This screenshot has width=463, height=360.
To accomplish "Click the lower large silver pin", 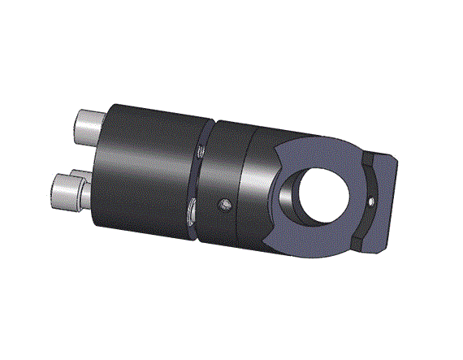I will [67, 192].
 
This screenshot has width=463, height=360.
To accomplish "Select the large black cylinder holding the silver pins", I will [146, 171].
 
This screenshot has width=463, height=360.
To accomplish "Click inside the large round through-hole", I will [324, 194].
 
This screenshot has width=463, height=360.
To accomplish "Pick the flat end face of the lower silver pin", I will [57, 192].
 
